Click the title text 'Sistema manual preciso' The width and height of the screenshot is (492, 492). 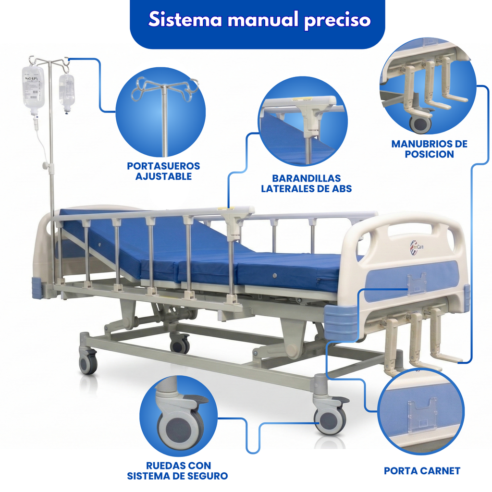pyautogui.click(x=259, y=20)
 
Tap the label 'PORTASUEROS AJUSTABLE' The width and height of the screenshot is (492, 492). pyautogui.click(x=163, y=171)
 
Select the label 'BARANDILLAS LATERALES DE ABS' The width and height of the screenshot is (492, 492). pyautogui.click(x=306, y=184)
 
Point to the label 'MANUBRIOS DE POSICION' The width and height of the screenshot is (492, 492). pyautogui.click(x=429, y=149)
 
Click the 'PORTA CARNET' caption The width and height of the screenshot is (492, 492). pyautogui.click(x=422, y=471)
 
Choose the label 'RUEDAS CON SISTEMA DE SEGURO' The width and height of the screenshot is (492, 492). pyautogui.click(x=177, y=471)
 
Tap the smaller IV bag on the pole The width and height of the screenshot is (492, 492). pyautogui.click(x=67, y=91)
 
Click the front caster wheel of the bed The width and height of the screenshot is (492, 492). pyautogui.click(x=330, y=419)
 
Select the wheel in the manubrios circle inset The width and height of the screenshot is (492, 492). pyautogui.click(x=420, y=123)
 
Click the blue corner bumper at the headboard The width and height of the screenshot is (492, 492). pyautogui.click(x=37, y=287)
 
